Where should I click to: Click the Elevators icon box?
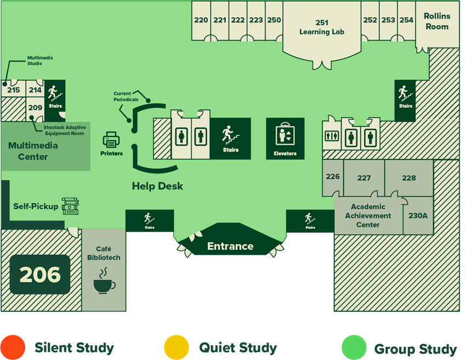pos(285,139)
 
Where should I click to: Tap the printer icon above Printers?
pos(111,140)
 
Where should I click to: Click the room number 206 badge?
pos(40,274)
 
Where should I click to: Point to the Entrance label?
pos(230,246)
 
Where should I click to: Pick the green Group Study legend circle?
pos(354,347)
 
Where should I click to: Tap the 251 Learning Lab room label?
pos(322,27)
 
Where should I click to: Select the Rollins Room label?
pos(436,21)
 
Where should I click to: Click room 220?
pos(201,20)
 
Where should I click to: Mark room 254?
pos(406,20)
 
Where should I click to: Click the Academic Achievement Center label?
pos(368,215)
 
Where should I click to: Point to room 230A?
pos(418,215)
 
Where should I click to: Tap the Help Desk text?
pos(157,186)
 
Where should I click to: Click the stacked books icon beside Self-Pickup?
pos(70,207)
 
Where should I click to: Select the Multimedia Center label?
pos(33,151)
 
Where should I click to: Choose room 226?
pos(333,176)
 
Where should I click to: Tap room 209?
pos(35,108)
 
